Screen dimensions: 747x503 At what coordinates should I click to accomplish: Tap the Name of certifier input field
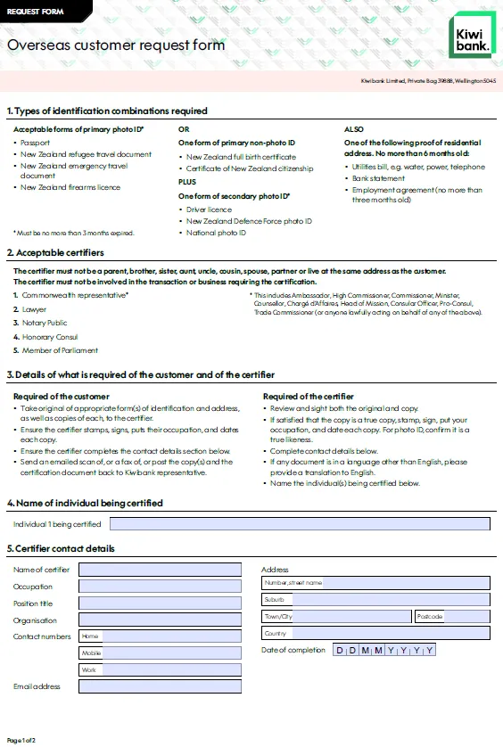click(x=160, y=570)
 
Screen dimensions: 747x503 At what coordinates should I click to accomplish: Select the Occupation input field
click(x=160, y=587)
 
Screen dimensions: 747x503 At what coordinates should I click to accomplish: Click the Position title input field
click(x=160, y=603)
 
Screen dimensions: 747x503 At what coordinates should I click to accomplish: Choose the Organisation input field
click(x=160, y=620)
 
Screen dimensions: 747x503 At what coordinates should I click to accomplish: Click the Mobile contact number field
click(x=160, y=653)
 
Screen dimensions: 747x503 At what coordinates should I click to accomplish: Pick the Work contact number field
click(x=160, y=669)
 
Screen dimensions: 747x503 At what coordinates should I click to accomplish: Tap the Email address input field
click(x=160, y=686)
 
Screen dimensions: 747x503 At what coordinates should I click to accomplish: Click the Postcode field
click(x=451, y=616)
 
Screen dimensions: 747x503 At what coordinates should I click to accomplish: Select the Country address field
click(x=375, y=633)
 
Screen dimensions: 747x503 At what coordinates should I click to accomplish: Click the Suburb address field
click(x=375, y=599)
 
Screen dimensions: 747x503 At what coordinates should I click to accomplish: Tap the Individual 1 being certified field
click(x=299, y=524)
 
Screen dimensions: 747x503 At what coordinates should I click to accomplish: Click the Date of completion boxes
click(x=384, y=650)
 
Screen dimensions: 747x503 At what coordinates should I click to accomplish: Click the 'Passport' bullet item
click(x=36, y=143)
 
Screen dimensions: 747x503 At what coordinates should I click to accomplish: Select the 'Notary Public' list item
click(x=45, y=324)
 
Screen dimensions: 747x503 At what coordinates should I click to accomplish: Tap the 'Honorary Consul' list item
click(x=50, y=337)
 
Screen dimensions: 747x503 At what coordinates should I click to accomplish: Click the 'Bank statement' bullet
click(x=379, y=178)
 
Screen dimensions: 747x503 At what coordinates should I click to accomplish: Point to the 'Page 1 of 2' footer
click(x=21, y=740)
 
